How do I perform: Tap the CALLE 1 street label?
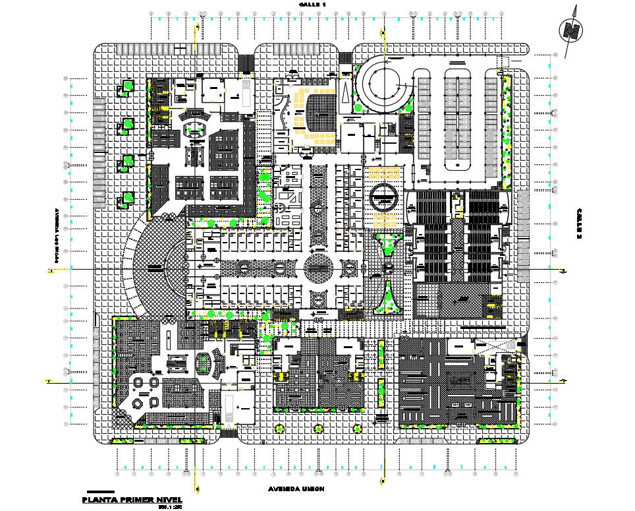tap(312, 4)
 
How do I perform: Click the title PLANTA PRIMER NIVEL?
tap(132, 500)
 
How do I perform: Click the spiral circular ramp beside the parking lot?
tap(382, 83)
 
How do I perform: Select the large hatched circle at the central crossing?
tap(318, 268)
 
